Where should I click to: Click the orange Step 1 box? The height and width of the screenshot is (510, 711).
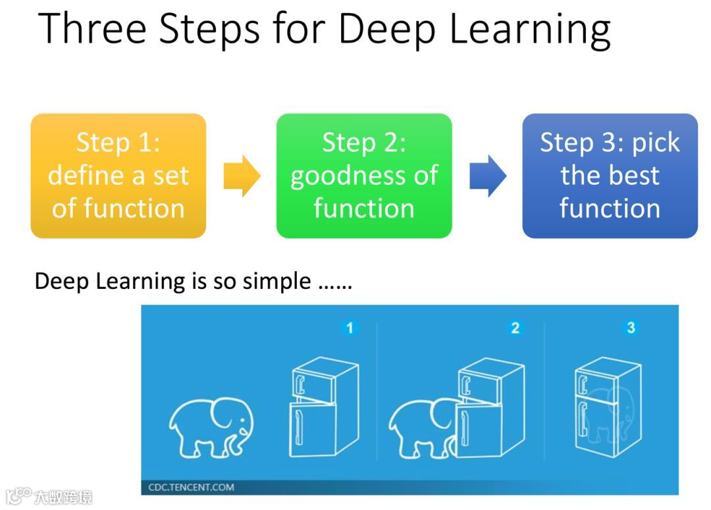pyautogui.click(x=118, y=176)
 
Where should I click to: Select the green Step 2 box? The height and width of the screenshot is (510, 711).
pyautogui.click(x=364, y=176)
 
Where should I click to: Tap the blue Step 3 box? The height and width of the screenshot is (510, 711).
pyautogui.click(x=610, y=176)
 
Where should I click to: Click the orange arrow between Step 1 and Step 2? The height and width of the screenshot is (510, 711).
pyautogui.click(x=242, y=176)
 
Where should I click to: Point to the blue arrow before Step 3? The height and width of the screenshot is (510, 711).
pyautogui.click(x=488, y=176)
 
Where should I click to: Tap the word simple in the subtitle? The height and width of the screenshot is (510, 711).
pyautogui.click(x=276, y=282)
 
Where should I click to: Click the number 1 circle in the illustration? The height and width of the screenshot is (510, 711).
pyautogui.click(x=350, y=327)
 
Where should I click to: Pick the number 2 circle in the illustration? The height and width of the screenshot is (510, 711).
pyautogui.click(x=515, y=327)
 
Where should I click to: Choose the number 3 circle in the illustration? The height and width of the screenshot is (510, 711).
pyautogui.click(x=631, y=327)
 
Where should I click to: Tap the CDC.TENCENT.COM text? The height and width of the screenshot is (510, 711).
pyautogui.click(x=191, y=488)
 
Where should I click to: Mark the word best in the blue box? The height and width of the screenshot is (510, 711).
pyautogui.click(x=637, y=176)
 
